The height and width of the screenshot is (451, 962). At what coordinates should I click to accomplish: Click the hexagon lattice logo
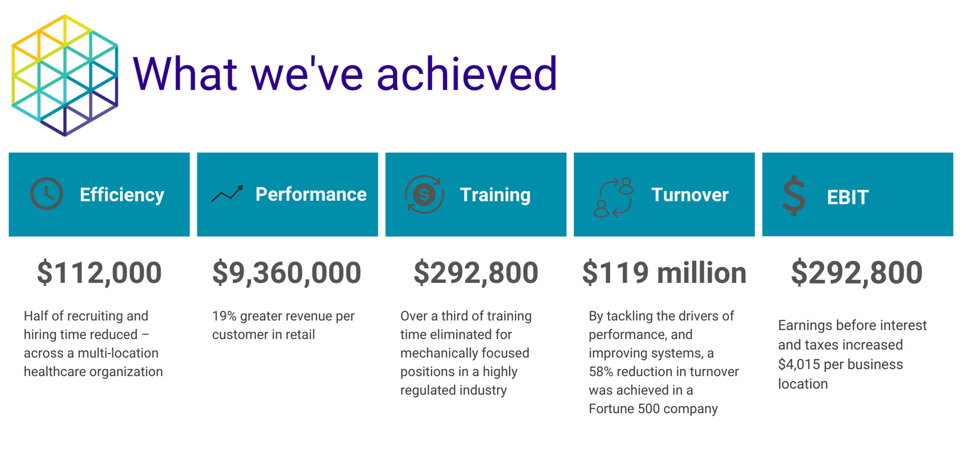click(64, 75)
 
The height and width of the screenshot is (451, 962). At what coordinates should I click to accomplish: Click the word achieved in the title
click(468, 73)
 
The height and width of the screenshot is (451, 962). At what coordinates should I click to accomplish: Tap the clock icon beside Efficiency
click(46, 194)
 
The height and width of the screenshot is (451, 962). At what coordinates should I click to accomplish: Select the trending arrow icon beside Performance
click(227, 194)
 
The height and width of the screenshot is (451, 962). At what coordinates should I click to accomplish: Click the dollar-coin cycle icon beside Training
click(424, 194)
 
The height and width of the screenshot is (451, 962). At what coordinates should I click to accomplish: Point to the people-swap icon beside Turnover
click(614, 197)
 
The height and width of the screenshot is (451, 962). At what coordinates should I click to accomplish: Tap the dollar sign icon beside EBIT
click(794, 196)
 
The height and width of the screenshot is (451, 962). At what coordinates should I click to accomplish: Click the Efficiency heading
click(122, 196)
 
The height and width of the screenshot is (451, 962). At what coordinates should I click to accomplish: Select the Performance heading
click(311, 194)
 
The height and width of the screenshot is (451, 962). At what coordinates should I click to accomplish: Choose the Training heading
click(495, 196)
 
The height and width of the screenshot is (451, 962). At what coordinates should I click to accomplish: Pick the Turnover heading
click(689, 195)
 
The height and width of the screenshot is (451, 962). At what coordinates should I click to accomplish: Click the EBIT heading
click(848, 198)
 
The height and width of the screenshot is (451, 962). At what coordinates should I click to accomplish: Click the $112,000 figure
click(99, 273)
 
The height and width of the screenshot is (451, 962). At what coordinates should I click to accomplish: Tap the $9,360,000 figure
click(287, 273)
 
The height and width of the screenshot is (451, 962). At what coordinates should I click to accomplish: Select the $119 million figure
click(664, 273)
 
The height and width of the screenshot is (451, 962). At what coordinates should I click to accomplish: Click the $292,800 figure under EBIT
click(857, 273)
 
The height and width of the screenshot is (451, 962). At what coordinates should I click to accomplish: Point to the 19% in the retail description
click(224, 316)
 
